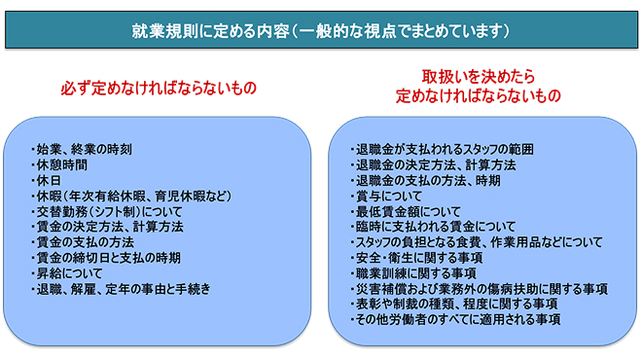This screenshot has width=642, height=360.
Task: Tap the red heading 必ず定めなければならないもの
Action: (158, 88)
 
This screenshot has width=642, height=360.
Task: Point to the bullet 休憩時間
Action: (67, 164)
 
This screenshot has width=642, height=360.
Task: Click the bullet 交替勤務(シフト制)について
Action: (106, 211)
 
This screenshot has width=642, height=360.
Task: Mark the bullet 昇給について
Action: (74, 273)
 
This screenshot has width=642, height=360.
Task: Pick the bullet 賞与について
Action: (387, 196)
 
